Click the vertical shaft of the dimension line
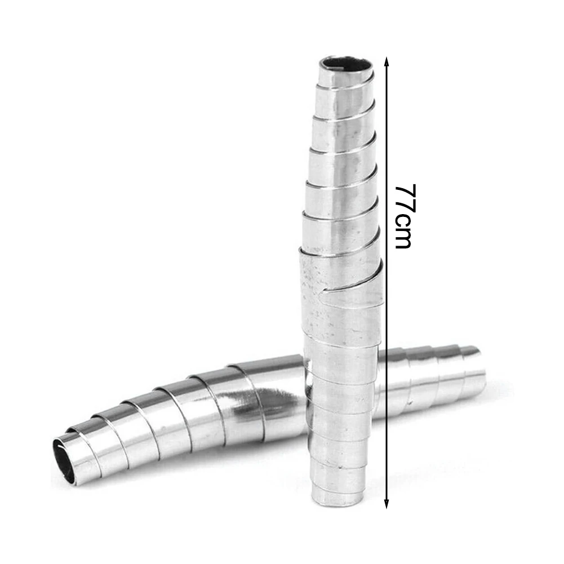(x=387, y=338)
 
